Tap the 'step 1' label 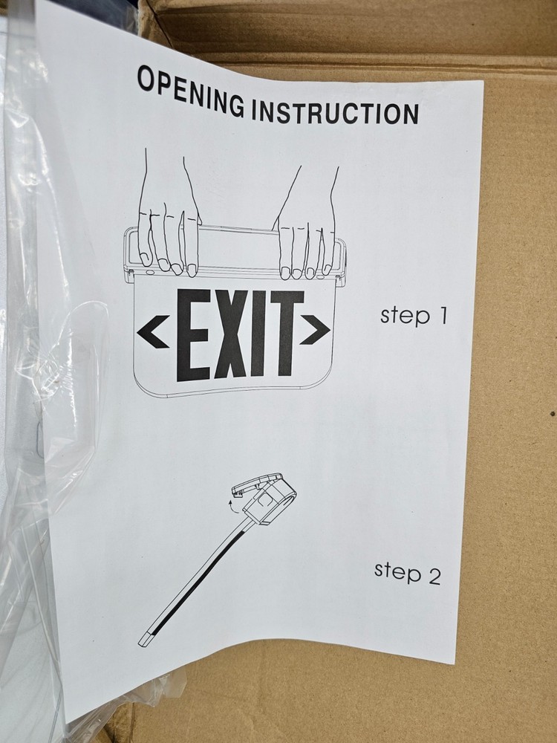point(414,315)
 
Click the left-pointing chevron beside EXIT point(152,331)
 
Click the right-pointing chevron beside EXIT point(315,331)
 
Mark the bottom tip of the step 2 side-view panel point(145,640)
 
